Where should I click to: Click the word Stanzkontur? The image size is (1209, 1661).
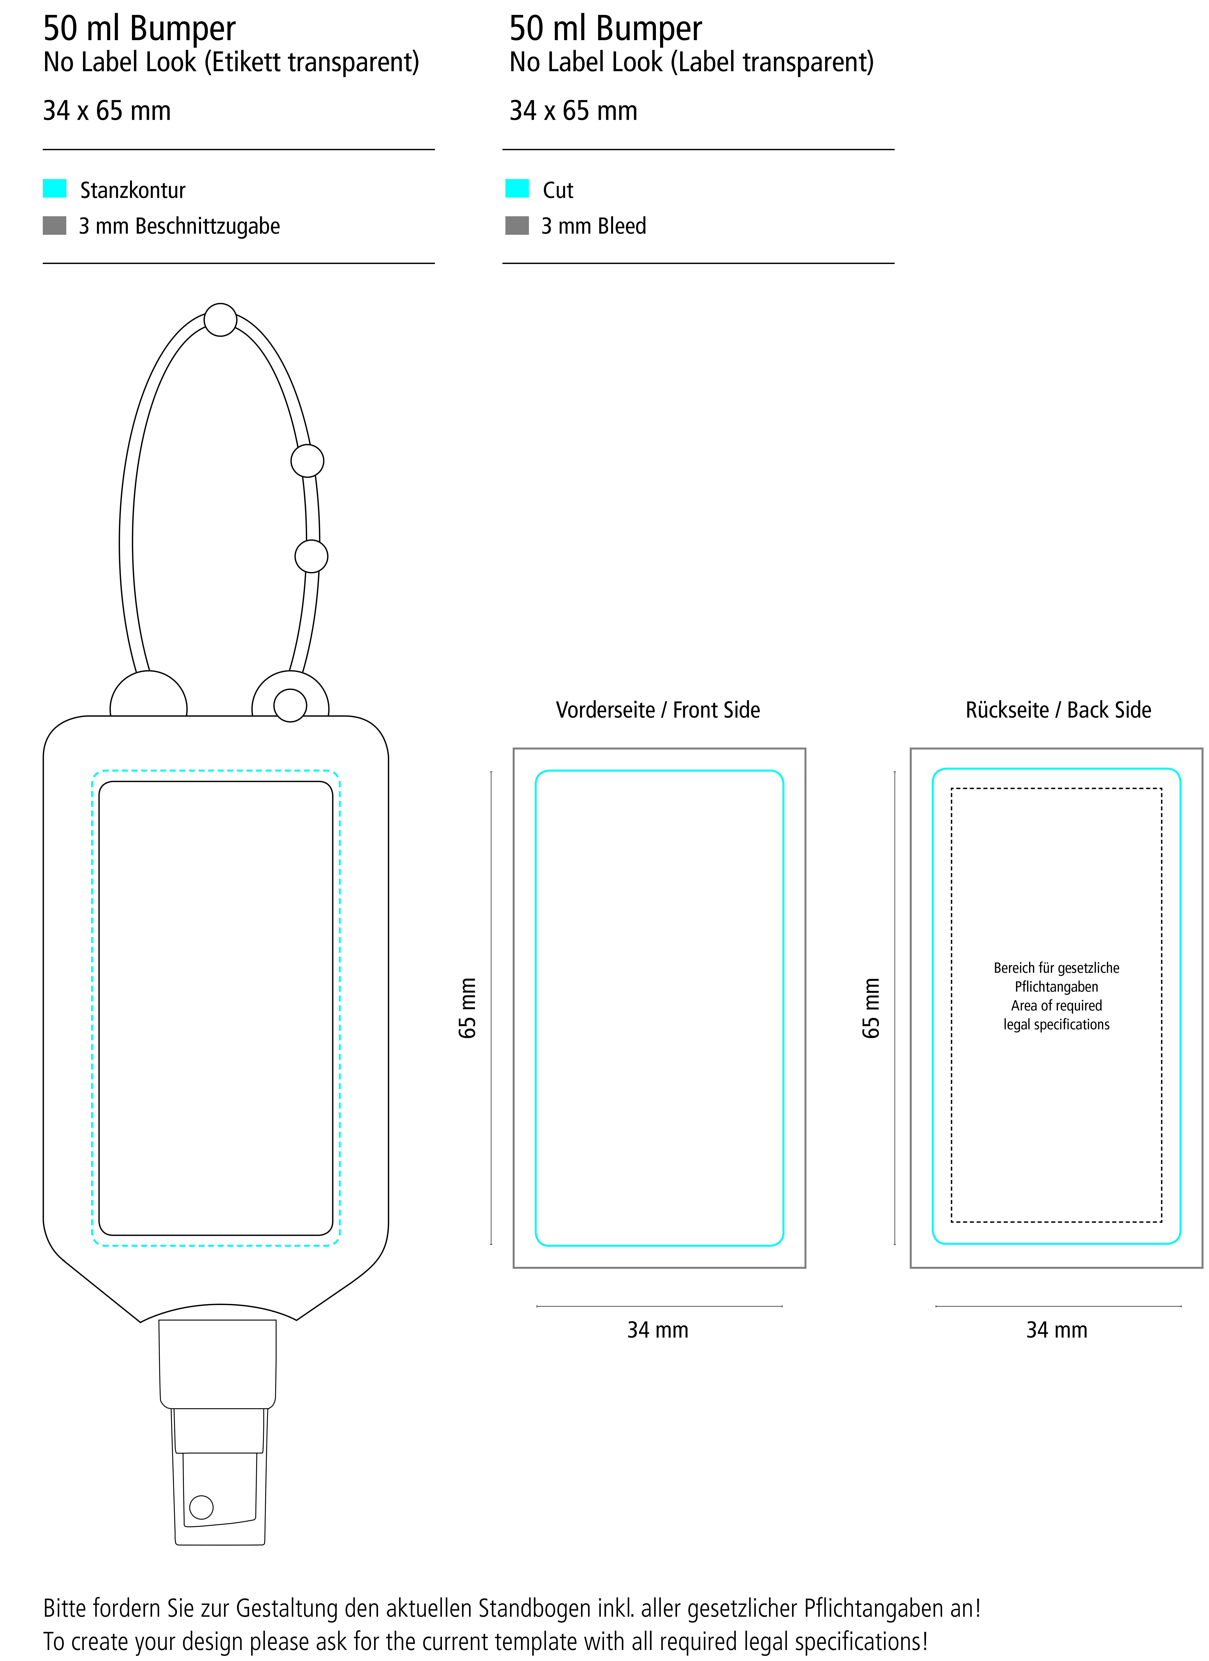point(133,190)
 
